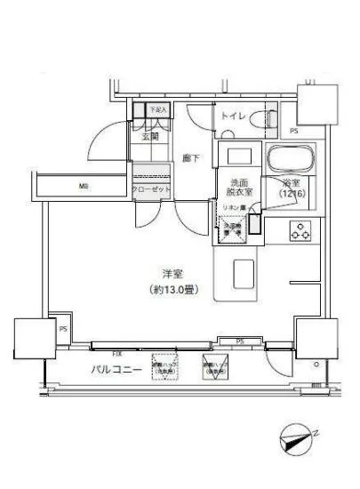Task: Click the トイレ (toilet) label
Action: [x=234, y=115]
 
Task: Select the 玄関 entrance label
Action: [x=148, y=137]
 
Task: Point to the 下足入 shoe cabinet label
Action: [x=157, y=110]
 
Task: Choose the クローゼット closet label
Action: [x=149, y=189]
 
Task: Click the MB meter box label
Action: [x=83, y=186]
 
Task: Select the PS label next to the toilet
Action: [x=293, y=132]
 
